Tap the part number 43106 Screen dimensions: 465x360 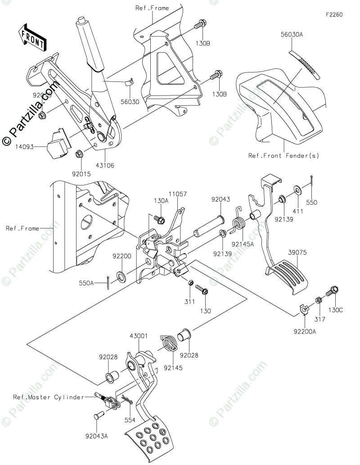(x=105, y=165)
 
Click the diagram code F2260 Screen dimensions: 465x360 (x=334, y=14)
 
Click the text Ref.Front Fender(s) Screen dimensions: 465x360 (x=283, y=156)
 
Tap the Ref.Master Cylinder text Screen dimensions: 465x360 (x=48, y=397)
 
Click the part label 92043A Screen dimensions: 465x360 (x=97, y=435)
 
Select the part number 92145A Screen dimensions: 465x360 (x=243, y=244)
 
